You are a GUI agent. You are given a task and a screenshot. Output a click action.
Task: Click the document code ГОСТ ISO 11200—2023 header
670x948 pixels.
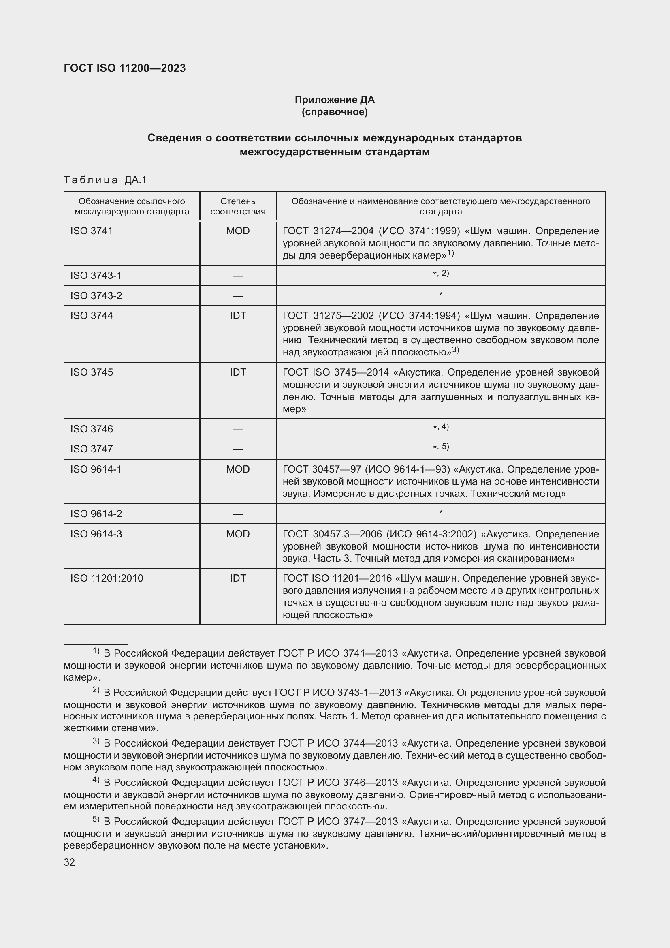tap(125, 68)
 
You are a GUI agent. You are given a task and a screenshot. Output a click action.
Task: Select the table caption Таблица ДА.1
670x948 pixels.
tap(105, 180)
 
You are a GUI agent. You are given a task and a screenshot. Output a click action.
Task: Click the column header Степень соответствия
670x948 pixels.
tap(238, 206)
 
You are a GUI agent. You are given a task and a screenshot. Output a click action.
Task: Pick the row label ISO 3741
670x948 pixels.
tap(91, 231)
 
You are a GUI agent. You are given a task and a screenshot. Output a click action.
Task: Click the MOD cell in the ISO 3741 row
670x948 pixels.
tap(238, 231)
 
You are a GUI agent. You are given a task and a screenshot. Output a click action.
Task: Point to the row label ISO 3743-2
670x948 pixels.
tap(96, 295)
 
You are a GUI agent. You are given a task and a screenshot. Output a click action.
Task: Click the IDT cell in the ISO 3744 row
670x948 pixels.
tap(238, 315)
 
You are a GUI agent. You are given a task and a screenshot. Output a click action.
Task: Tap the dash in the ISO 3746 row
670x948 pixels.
tap(238, 429)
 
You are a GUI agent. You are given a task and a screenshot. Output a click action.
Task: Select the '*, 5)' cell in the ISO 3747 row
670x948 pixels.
tap(441, 447)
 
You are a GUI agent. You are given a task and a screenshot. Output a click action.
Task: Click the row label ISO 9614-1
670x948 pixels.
tap(96, 469)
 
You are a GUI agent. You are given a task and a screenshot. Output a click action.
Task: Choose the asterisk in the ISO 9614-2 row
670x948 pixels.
tap(441, 512)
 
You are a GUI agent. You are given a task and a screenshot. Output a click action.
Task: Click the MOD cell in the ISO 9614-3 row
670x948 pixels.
tap(238, 534)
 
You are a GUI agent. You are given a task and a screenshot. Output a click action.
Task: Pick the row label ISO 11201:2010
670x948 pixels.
tap(107, 578)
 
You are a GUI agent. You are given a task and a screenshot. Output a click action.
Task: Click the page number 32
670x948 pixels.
tap(69, 862)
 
